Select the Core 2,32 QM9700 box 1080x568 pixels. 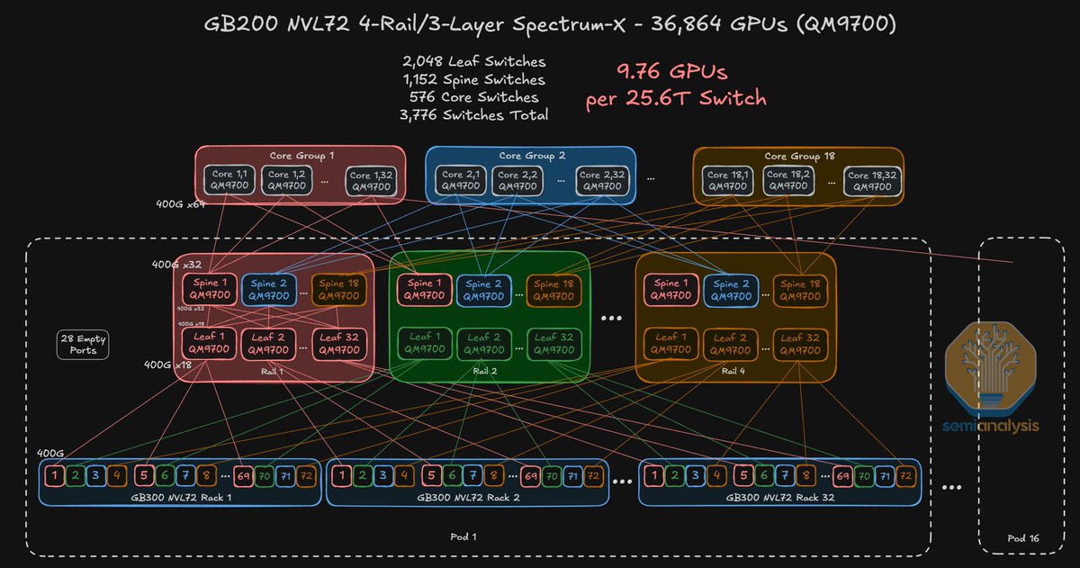tap(601, 180)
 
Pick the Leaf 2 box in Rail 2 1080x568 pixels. tap(486, 343)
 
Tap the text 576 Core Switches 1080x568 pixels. tap(473, 96)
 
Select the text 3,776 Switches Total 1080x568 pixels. tap(473, 114)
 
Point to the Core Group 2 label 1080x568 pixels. tap(530, 156)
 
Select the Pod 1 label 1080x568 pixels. tap(463, 537)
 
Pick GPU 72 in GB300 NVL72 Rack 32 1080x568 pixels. tap(905, 474)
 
